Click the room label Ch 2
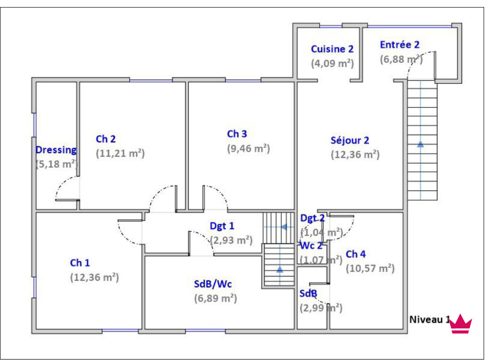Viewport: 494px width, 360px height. (106, 139)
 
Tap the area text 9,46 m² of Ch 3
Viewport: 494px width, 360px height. (248, 148)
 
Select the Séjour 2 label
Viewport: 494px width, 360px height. (350, 140)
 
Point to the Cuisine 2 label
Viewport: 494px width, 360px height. (332, 49)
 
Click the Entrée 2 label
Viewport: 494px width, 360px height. (399, 45)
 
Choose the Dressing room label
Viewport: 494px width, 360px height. (56, 150)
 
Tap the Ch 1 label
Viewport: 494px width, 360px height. (80, 262)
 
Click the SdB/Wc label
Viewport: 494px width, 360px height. (213, 284)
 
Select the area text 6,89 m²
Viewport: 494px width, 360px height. (215, 298)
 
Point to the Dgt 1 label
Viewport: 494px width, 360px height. (222, 226)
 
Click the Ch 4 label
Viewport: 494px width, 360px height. (355, 254)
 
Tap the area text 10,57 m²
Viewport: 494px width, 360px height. (370, 268)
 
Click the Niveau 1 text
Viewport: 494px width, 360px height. (429, 319)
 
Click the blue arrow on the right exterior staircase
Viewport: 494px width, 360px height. (420, 144)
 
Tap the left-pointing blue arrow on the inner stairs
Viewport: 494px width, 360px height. (284, 227)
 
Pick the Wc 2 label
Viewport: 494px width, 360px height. (311, 245)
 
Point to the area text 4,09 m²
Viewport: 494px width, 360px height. (332, 63)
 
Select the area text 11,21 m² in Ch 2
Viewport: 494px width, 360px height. (120, 154)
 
